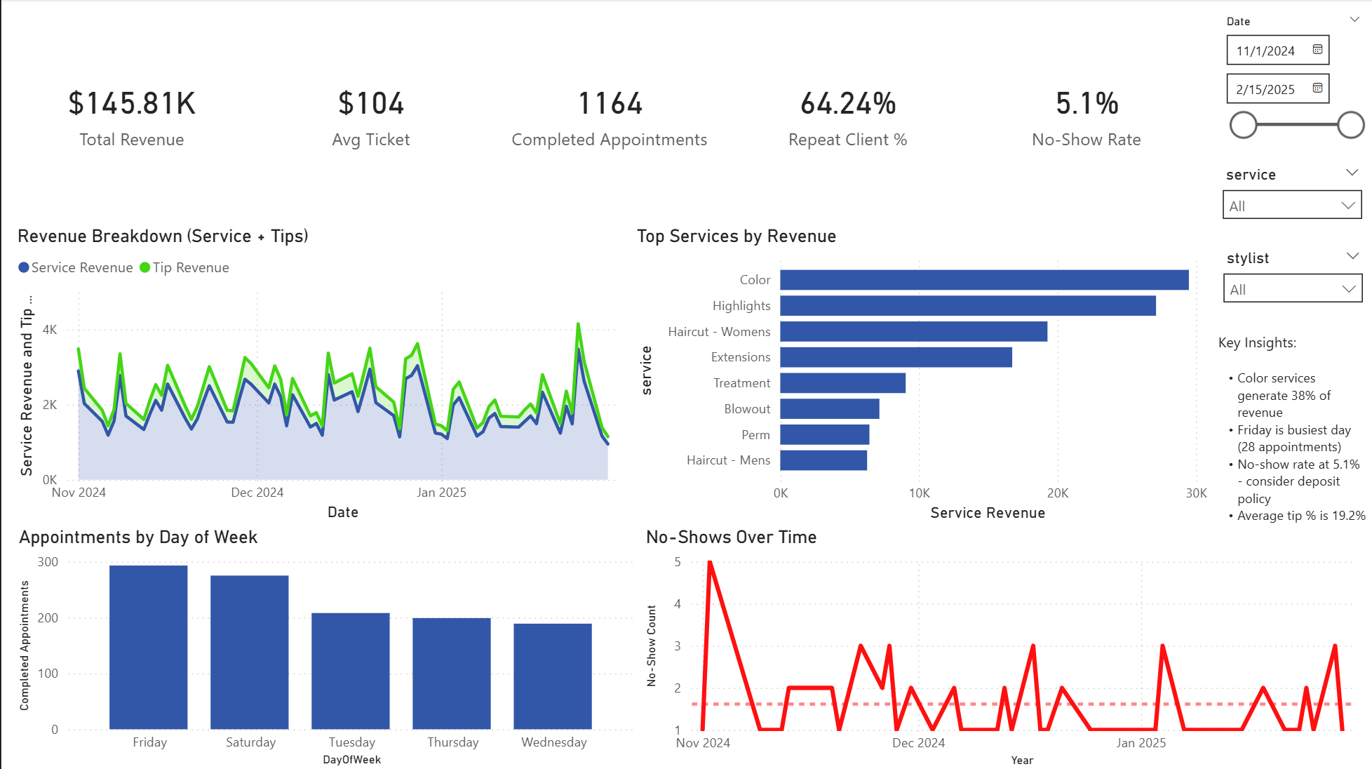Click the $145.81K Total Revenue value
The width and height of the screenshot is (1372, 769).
[132, 104]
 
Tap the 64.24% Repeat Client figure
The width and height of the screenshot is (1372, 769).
[848, 104]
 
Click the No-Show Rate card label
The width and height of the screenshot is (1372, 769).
[1086, 140]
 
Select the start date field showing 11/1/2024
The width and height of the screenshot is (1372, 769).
[1266, 51]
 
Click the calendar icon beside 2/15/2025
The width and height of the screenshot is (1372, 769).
[1317, 88]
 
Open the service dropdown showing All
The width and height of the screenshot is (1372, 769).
[1291, 206]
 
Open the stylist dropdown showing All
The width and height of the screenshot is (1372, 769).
[1292, 289]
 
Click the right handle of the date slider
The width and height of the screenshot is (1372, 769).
[1350, 125]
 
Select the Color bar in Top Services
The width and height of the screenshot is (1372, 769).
[983, 280]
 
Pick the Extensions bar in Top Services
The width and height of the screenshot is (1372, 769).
[896, 357]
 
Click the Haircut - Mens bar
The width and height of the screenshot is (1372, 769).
[823, 460]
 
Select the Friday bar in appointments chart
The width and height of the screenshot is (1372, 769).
[149, 646]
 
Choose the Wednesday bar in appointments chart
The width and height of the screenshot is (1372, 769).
[553, 676]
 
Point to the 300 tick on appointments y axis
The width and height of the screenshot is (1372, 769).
[48, 562]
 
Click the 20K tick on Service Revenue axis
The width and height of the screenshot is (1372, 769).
[1057, 493]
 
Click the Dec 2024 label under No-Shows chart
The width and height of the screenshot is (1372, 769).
[918, 742]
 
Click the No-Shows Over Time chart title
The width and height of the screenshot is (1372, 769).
[731, 537]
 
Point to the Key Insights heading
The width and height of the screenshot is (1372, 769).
[1257, 342]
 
